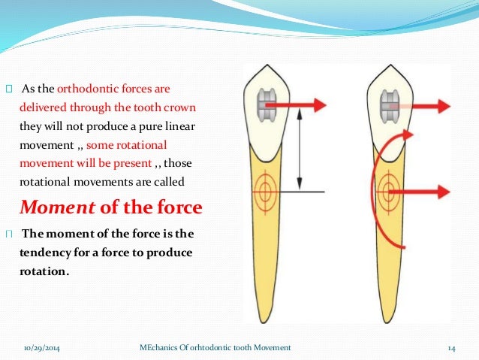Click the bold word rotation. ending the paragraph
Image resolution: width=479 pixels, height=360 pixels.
tap(44, 271)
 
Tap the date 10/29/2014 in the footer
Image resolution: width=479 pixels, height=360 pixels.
tap(42, 346)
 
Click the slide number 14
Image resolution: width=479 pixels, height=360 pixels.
tap(452, 346)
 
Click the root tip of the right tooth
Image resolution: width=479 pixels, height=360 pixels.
tap(390, 319)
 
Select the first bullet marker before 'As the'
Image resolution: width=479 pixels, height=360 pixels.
tap(9, 88)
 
